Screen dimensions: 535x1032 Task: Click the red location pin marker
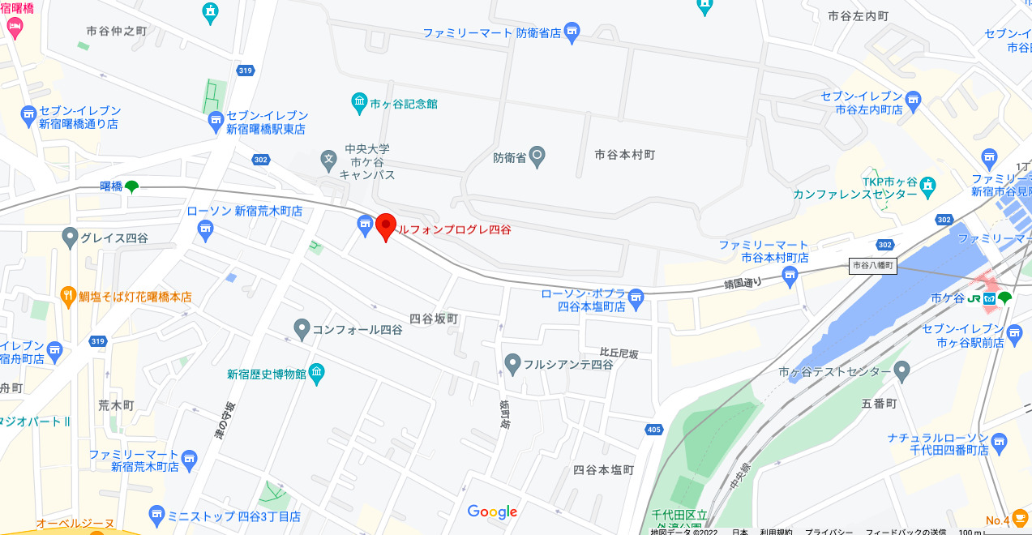(x=386, y=227)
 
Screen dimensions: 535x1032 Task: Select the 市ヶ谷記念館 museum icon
(x=360, y=103)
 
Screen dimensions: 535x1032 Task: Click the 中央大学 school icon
(x=328, y=158)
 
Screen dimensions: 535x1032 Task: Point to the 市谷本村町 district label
(x=624, y=154)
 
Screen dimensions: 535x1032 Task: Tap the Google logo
(x=492, y=511)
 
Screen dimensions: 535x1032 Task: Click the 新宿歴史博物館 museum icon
(x=316, y=374)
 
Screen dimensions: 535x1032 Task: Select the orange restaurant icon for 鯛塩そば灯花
(x=69, y=297)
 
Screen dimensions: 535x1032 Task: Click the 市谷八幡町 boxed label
(x=873, y=265)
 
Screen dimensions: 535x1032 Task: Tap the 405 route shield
(x=654, y=429)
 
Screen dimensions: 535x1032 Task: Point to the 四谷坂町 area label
(x=434, y=319)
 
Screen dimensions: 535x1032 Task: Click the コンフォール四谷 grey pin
(x=302, y=329)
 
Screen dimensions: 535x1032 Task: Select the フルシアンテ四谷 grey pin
(x=512, y=364)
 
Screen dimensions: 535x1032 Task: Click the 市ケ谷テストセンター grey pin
(x=902, y=372)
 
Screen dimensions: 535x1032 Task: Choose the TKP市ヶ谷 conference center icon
(x=928, y=187)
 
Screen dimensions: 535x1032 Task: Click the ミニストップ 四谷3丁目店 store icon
(x=157, y=516)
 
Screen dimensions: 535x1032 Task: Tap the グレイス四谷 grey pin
(x=71, y=238)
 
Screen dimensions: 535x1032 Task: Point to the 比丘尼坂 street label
(x=619, y=353)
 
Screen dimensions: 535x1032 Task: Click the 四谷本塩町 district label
(x=603, y=469)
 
